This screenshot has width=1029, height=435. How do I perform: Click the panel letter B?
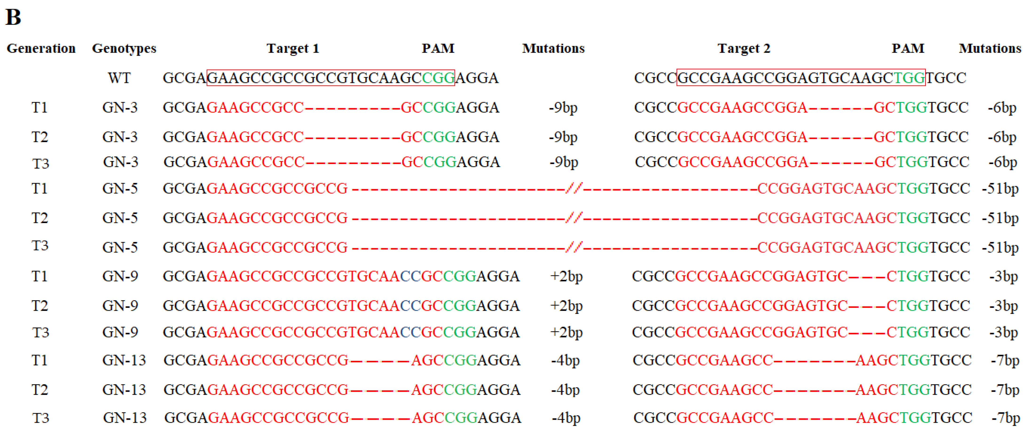point(13,17)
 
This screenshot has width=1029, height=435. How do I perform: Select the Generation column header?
point(41,48)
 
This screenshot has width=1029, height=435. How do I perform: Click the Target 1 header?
point(293,48)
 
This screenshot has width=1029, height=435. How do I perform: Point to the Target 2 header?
point(744,48)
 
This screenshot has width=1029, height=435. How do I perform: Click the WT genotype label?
point(119,78)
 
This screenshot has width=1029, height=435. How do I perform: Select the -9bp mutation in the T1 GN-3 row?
point(563,107)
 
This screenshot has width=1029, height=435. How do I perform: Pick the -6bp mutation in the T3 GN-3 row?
point(1003,162)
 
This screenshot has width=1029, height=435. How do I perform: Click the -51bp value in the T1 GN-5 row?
point(1000,188)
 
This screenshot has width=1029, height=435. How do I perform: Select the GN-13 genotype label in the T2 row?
point(124,390)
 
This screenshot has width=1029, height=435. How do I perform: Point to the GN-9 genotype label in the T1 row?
point(120,276)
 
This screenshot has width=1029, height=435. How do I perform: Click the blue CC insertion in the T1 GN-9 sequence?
point(411,276)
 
